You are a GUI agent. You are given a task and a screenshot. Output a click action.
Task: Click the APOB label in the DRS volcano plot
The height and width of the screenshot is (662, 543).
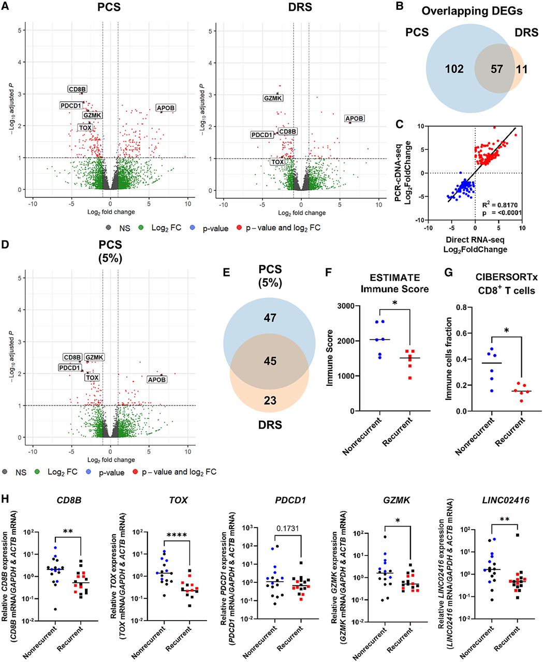pos(355,119)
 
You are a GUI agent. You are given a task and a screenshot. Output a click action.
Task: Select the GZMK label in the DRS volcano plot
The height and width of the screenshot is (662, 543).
pos(273,98)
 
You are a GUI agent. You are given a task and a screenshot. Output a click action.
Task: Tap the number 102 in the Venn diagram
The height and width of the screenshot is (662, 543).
pos(454,69)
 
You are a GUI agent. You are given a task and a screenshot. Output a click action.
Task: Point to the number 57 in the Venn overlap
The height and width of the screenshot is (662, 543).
pos(496,69)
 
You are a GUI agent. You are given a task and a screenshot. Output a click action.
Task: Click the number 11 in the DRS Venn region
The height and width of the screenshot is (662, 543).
pos(522,69)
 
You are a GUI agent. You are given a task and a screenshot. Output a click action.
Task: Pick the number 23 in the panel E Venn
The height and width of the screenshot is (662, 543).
pos(270,400)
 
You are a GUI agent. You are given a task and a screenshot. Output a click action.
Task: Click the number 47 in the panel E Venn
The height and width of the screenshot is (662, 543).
pos(270,318)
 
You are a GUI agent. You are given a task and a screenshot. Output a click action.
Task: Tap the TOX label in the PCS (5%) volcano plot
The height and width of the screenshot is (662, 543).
pos(92,378)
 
